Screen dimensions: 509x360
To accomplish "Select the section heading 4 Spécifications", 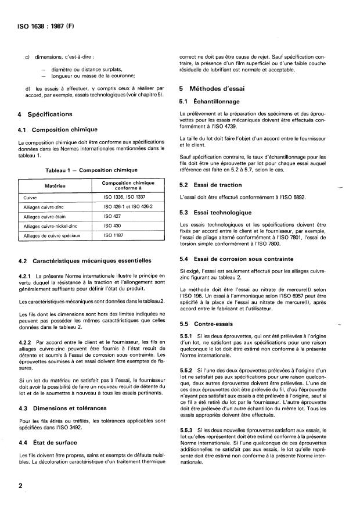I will coord(45,114).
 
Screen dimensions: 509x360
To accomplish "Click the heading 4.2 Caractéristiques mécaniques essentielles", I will coord(85,261).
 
